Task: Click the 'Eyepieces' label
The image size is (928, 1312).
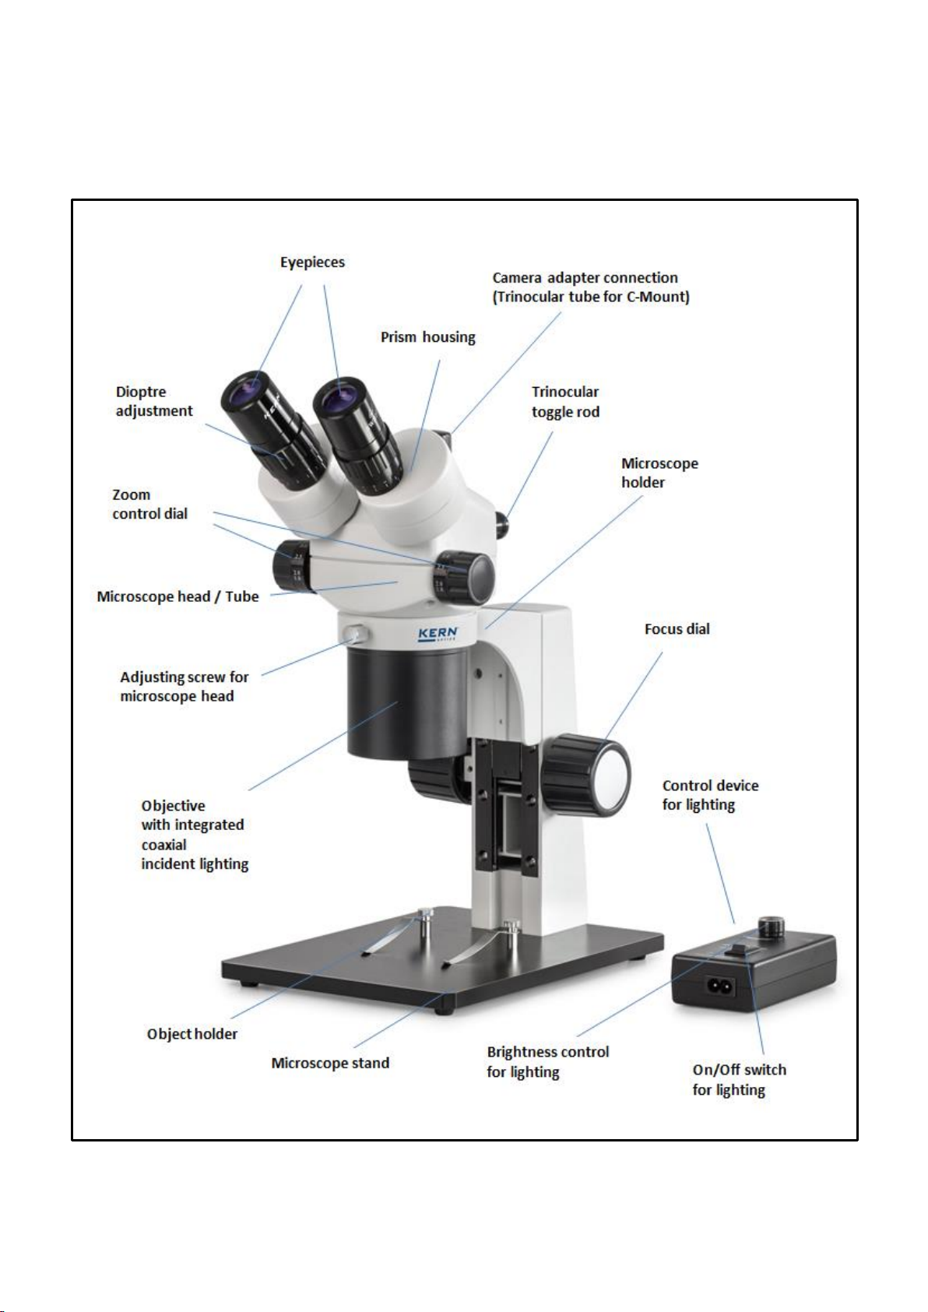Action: tap(312, 262)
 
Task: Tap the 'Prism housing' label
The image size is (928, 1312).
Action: tap(427, 337)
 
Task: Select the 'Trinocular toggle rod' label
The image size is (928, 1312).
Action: tap(565, 402)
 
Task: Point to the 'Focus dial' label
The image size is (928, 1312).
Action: tap(677, 629)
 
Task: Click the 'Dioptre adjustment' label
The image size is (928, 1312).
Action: tap(154, 402)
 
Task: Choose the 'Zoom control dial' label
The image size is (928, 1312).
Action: tap(149, 504)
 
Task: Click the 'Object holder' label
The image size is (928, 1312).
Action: tap(192, 1034)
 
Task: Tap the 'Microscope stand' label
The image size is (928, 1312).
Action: tap(330, 1063)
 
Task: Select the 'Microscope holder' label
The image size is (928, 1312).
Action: tap(659, 473)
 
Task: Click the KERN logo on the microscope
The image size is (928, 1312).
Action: tap(438, 634)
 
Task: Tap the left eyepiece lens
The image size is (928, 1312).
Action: tap(249, 387)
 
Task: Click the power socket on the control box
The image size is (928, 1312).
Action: tap(721, 986)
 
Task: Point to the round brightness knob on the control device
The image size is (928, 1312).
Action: tap(772, 927)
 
